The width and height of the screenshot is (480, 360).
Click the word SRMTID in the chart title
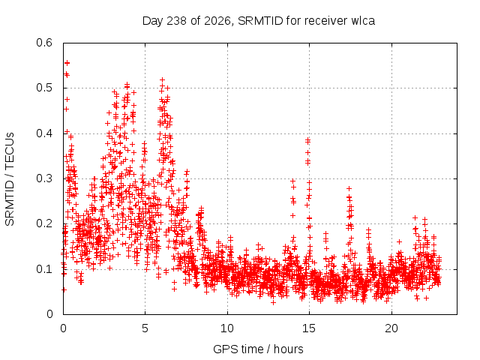point(260,21)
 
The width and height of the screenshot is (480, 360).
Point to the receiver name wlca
point(363,21)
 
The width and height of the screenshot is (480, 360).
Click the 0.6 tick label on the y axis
point(44,43)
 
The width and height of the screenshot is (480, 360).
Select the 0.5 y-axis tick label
point(44,88)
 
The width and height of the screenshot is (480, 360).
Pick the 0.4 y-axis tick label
point(44,133)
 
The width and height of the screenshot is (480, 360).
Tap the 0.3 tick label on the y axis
point(44,178)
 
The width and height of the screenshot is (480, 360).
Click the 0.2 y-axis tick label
point(44,223)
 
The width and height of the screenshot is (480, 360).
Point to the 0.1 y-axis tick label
point(44,269)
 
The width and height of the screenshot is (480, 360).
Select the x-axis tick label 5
point(145,328)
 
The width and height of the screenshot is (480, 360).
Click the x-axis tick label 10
point(227,328)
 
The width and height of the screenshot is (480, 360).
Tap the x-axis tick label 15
point(309,328)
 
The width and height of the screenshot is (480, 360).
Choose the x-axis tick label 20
point(391,328)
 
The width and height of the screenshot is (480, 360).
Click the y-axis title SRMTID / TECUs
point(10,179)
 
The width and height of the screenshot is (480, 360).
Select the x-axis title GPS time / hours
point(258,349)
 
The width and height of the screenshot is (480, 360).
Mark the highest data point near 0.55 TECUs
point(67,63)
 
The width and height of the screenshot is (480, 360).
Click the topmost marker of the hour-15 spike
point(308,140)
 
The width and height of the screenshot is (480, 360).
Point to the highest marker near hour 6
point(162,80)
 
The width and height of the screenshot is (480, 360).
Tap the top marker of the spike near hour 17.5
point(349,188)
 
